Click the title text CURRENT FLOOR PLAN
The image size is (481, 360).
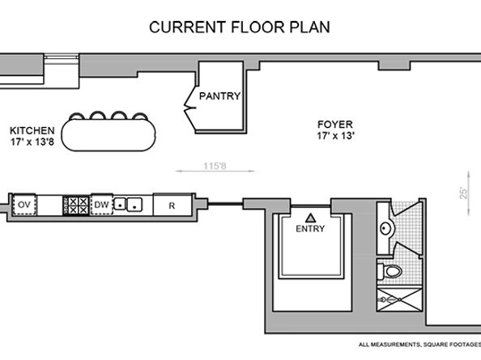point(239,27)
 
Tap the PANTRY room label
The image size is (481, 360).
point(219,96)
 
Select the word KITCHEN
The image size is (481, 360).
point(32,130)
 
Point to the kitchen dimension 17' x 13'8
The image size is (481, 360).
point(32,142)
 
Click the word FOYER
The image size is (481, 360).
point(334,125)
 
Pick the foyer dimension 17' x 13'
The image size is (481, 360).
point(334,137)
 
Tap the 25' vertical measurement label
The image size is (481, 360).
point(464,193)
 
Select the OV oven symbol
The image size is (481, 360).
point(24,205)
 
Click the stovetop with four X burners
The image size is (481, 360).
point(77,205)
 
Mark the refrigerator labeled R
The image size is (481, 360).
point(172,205)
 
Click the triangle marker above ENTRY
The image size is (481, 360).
point(310,217)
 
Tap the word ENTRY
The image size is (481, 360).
point(310,229)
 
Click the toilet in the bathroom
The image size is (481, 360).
point(390,269)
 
